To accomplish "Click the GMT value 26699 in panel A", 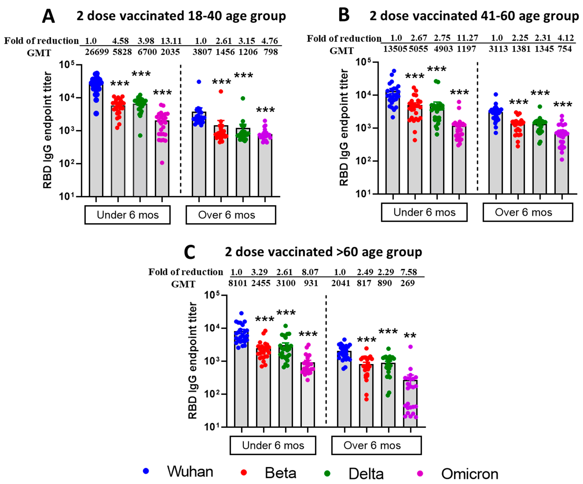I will [97, 52].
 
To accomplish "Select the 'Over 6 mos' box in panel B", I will [527, 212].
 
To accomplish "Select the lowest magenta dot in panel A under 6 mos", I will [162, 163].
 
